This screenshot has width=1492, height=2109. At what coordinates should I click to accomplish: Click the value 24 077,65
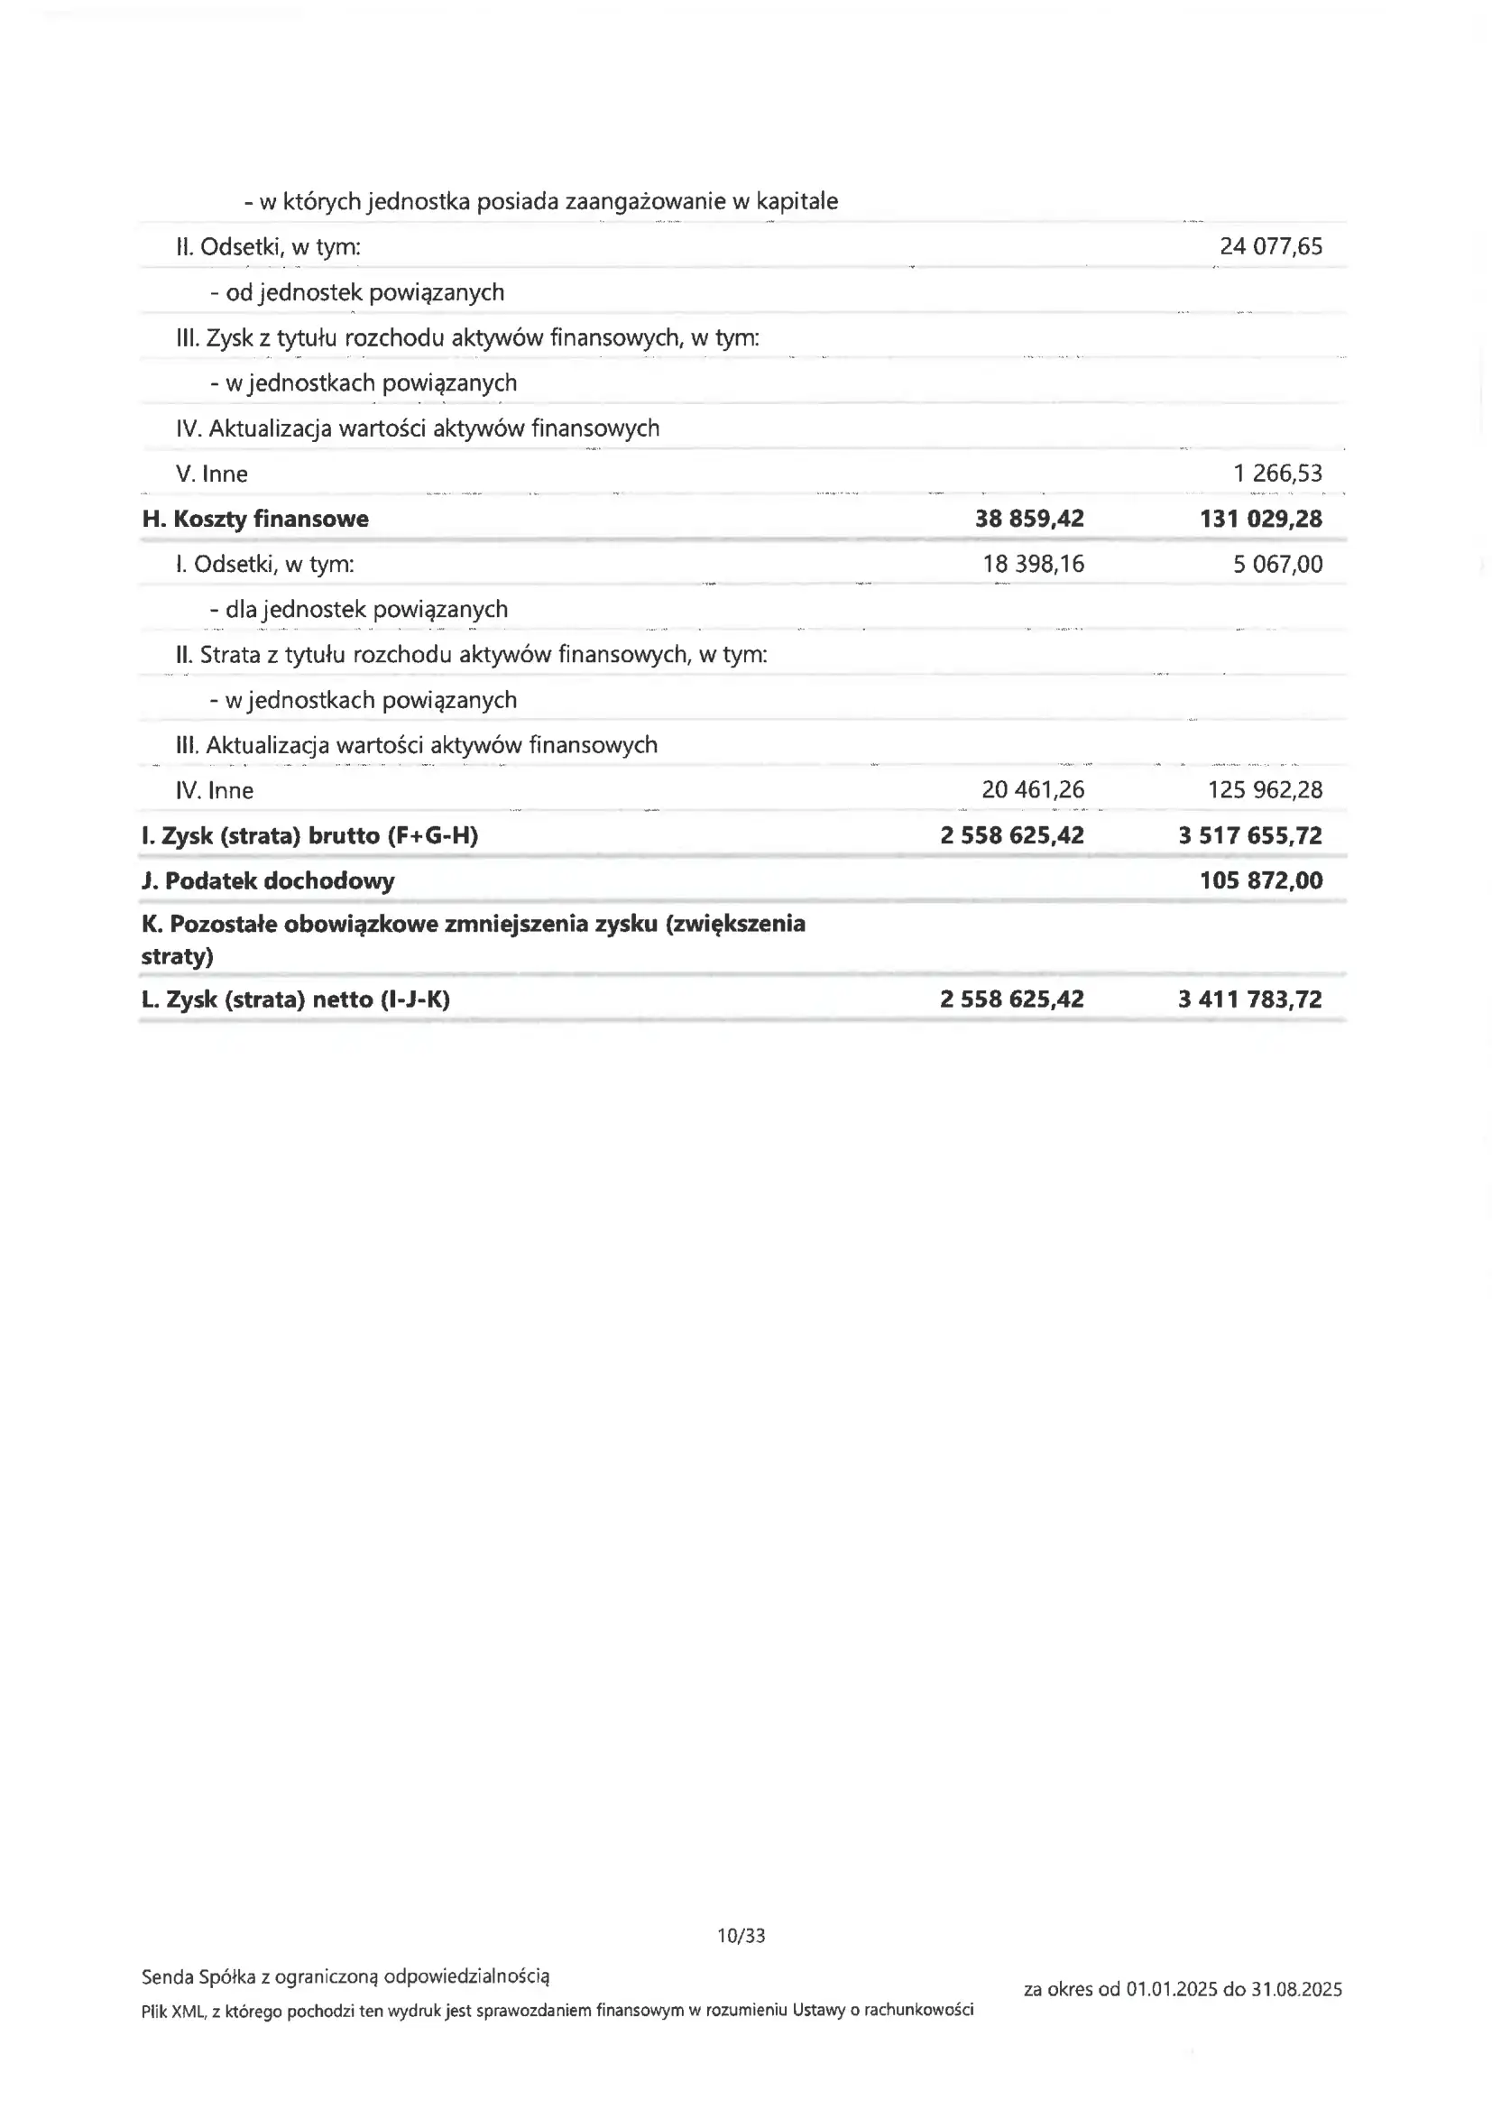[x=1271, y=246]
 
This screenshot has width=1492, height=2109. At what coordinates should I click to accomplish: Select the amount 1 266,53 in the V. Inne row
[x=1277, y=473]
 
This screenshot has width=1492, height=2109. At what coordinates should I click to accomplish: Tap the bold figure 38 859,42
[x=1029, y=519]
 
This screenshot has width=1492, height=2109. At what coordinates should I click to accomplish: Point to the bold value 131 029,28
[x=1260, y=519]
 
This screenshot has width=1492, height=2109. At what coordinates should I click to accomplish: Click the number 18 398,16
[x=1033, y=564]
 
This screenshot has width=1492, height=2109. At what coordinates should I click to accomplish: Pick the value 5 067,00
[x=1277, y=564]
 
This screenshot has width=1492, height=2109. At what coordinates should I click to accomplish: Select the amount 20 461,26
[x=1033, y=790]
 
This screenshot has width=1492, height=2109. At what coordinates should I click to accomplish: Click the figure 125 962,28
[x=1264, y=790]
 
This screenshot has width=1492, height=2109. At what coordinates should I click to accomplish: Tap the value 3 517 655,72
[x=1249, y=836]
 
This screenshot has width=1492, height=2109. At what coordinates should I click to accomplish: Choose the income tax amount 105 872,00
[x=1260, y=881]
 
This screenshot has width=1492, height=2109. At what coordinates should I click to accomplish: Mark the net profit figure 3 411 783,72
[x=1249, y=999]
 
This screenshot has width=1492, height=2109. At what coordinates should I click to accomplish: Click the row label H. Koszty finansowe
[x=254, y=519]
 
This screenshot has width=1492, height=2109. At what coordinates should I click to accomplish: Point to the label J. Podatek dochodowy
[x=267, y=881]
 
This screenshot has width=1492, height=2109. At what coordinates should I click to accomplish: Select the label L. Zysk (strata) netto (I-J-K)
[x=295, y=999]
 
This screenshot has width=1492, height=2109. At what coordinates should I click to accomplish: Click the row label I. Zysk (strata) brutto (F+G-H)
[x=309, y=836]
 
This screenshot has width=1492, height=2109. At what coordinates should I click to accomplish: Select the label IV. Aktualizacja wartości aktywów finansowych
[x=417, y=428]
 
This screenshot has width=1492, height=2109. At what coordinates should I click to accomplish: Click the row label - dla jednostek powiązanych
[x=358, y=609]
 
